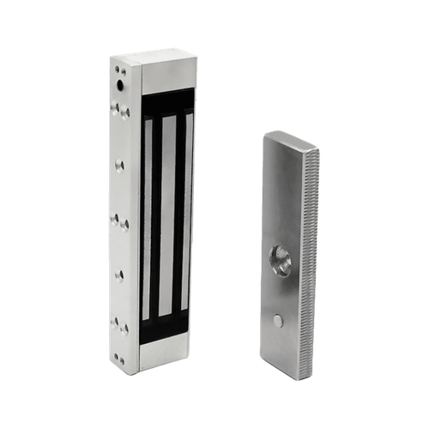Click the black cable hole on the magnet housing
(119, 86)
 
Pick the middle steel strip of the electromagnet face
(168, 214)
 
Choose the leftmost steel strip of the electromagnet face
(149, 214)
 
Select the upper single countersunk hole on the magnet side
(119, 162)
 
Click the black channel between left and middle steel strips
(159, 214)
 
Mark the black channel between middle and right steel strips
(178, 214)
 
